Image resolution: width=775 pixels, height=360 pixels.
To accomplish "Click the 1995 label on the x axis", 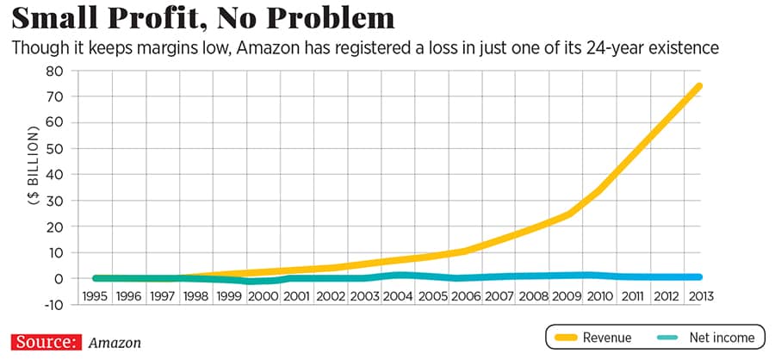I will (94, 295).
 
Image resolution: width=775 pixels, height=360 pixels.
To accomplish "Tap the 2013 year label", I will (702, 295).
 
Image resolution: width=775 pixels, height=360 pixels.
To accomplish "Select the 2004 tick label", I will (398, 295).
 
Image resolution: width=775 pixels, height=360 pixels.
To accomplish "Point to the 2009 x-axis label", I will (567, 295).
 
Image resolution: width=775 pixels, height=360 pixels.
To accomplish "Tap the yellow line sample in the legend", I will (567, 338).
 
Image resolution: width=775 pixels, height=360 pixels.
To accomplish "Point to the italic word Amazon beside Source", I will (115, 343).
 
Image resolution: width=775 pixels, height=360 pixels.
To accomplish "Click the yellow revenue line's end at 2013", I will (699, 86).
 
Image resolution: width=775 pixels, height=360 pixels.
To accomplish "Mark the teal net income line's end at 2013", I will (699, 276).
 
